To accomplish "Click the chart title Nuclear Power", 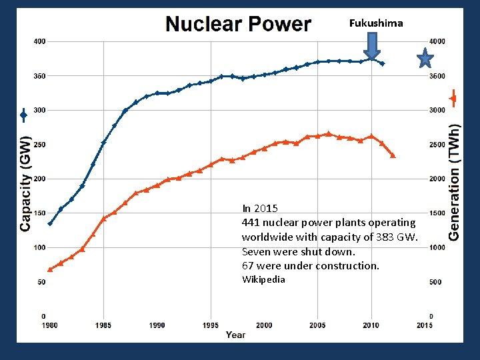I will pos(238,25).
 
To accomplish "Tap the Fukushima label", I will pos(376,23).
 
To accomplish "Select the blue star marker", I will pos(425,59).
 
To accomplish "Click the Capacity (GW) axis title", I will pos(25,184).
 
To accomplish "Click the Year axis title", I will pos(235,335).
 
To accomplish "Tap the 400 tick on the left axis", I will pos(39,41).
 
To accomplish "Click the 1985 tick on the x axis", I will pos(103,325).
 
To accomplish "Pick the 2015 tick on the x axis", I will pos(424,325).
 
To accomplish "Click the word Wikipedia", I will pos(263,279).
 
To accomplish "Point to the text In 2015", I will pos(260,208).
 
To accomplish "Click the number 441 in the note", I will pos(251,222).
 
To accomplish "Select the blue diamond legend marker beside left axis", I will pos(23,115).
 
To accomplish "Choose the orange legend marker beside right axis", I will pos(453,99).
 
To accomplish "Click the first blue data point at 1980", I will pos(50,223).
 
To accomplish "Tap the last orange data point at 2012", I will pos(393,155).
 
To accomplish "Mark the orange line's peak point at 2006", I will pos(328,134).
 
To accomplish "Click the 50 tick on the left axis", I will pos(41,282).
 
